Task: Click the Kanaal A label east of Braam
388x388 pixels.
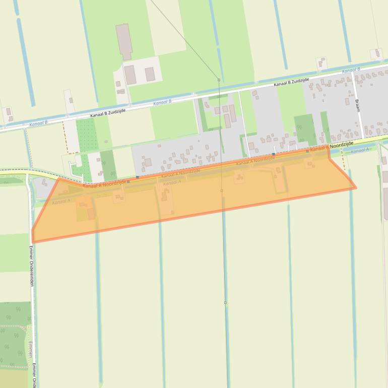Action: (360, 151)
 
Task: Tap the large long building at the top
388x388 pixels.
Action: (123, 41)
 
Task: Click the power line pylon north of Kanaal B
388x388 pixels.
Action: (219, 80)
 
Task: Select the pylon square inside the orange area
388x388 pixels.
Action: (222, 190)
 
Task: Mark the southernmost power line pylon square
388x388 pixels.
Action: (225, 303)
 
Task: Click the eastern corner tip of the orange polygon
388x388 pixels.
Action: (356, 188)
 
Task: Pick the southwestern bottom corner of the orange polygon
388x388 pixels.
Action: (33, 241)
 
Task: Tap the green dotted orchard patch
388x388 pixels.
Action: (86, 135)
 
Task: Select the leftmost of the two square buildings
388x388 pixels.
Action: (131, 75)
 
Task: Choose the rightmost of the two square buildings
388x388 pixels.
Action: (150, 74)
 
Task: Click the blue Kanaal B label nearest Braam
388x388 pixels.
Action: (351, 70)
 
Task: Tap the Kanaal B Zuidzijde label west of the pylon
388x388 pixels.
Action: (108, 112)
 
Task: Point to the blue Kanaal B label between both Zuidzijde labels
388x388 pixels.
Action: (162, 102)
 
